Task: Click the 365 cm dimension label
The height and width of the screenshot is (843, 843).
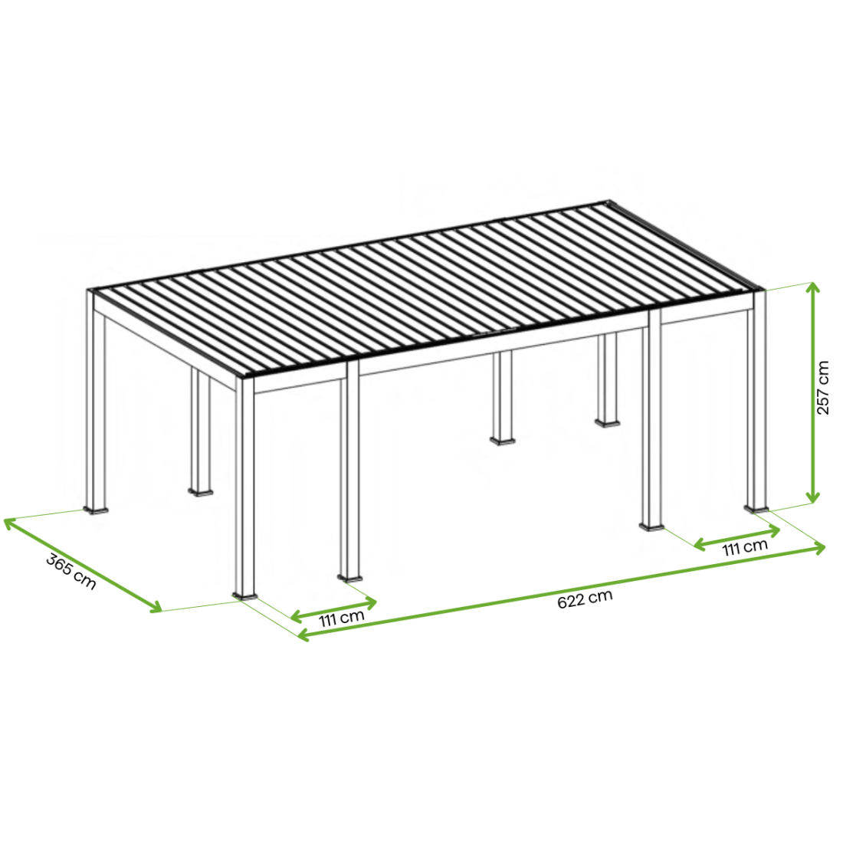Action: coord(71,571)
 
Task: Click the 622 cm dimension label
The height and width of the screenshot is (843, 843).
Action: coord(585,599)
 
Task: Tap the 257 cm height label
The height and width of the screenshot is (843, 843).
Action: coord(822,388)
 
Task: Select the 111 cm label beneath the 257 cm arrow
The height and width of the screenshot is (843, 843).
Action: coord(745,548)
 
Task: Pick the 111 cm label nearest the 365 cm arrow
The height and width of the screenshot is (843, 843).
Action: coord(341,618)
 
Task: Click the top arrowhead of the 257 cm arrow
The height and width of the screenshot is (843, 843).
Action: coord(814,287)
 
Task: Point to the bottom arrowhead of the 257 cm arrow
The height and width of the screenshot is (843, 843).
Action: coord(814,498)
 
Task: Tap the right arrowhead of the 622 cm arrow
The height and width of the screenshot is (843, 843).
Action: coord(819,548)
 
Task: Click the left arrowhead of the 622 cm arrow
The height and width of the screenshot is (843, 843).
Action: coord(303,635)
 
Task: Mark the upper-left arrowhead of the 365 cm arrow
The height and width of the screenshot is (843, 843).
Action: coord(10,523)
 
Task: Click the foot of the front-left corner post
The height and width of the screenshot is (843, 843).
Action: coord(244,595)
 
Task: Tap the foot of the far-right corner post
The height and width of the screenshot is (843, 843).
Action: coord(756,508)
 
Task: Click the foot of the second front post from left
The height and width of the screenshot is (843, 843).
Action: coord(350,578)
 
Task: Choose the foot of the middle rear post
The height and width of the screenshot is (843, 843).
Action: coord(503,441)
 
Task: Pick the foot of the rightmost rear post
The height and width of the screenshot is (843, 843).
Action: coord(608,422)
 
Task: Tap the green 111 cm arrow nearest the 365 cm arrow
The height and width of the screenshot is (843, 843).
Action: coord(333,609)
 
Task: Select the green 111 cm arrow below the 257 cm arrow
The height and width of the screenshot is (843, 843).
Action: coord(737,538)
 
